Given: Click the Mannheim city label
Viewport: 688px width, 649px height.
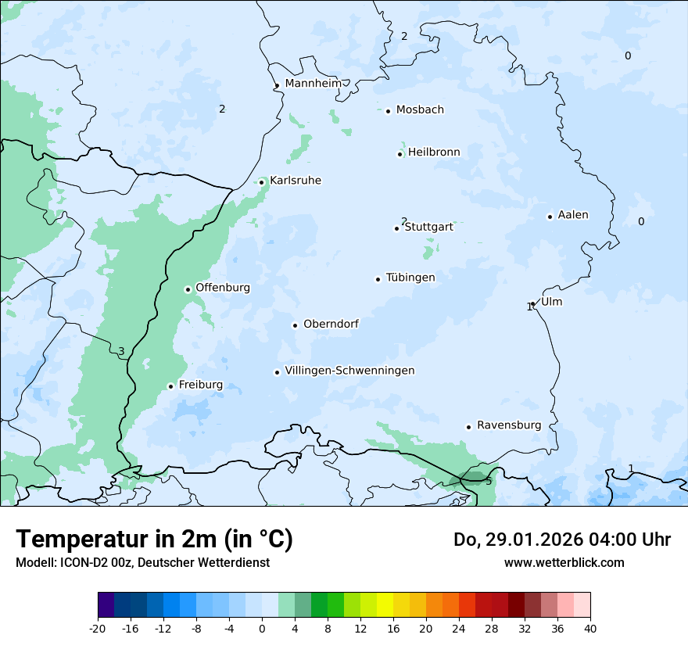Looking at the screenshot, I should [x=313, y=83].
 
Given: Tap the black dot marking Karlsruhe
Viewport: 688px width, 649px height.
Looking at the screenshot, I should [x=262, y=182].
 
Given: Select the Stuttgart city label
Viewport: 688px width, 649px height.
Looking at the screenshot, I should [x=428, y=227].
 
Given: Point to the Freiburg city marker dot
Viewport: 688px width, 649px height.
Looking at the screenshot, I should [x=170, y=386].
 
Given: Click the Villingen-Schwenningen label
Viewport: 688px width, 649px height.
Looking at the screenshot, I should [x=349, y=371].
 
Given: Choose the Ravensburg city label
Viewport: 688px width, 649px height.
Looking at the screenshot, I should [x=509, y=425].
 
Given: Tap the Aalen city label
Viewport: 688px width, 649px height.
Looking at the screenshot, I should [x=573, y=215].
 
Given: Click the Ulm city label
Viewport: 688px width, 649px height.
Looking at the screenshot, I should [x=551, y=302].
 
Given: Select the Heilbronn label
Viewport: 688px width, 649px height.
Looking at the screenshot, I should [x=434, y=152].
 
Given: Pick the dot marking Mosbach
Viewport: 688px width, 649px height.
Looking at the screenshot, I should [x=388, y=111].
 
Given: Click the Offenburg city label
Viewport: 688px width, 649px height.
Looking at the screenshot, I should [x=223, y=288].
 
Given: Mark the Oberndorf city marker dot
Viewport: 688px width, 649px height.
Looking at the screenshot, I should [x=295, y=325].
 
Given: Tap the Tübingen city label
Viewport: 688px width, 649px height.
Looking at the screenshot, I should [x=410, y=278].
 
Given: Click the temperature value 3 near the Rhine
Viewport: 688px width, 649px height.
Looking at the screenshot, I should [x=121, y=351].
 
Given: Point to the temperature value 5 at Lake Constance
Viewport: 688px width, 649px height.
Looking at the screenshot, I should [x=489, y=481].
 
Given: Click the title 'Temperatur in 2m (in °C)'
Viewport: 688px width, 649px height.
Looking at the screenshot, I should [x=154, y=540].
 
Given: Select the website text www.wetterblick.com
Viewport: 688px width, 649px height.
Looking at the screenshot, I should [x=564, y=562].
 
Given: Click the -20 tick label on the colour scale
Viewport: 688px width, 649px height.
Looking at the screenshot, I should [x=98, y=628].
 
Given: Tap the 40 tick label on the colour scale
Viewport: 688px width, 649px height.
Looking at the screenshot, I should [x=590, y=628].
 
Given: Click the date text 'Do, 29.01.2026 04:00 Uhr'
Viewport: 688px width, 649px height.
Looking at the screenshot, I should [x=561, y=540].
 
